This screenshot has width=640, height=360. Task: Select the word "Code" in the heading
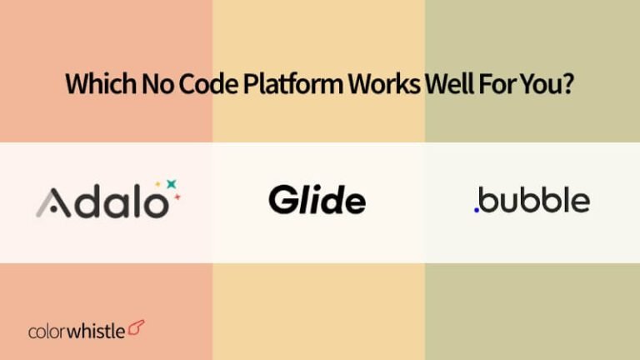(193, 85)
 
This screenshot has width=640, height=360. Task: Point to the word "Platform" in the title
(275, 85)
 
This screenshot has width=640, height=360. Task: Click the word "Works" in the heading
(375, 85)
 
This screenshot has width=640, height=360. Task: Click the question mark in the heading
(568, 85)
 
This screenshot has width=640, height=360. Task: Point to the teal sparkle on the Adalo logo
(172, 183)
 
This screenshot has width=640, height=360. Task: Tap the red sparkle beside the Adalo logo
(176, 198)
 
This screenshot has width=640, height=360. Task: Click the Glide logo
(317, 201)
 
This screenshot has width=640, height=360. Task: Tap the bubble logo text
(534, 201)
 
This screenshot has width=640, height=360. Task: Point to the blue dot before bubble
(476, 210)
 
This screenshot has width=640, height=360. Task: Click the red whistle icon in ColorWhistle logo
(137, 330)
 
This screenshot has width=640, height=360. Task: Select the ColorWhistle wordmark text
(77, 332)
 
